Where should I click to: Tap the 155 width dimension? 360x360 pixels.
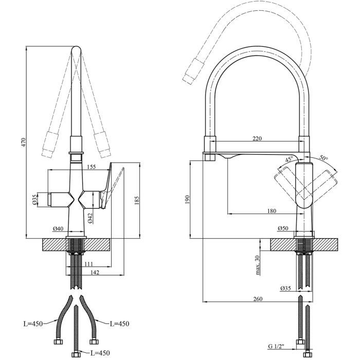pyautogui.click(x=91, y=166)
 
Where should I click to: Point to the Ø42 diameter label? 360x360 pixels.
pyautogui.click(x=89, y=218)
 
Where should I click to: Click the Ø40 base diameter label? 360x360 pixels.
pyautogui.click(x=58, y=228)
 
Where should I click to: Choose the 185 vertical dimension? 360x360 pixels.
pyautogui.click(x=137, y=201)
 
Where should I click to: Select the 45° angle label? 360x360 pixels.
pyautogui.click(x=290, y=158)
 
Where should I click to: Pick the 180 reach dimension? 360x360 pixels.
pyautogui.click(x=272, y=210)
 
